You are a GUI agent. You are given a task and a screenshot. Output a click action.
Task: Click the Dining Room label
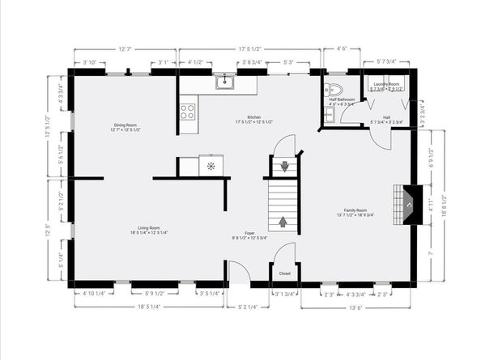tap(126, 125)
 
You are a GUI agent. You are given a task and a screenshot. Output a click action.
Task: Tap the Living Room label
tap(124, 228)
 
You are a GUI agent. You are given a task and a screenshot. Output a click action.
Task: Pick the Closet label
tap(285, 273)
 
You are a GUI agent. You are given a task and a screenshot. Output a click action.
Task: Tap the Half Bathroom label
tap(341, 100)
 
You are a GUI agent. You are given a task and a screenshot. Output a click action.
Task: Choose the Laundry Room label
tap(385, 84)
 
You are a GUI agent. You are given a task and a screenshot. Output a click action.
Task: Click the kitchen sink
tap(224, 83)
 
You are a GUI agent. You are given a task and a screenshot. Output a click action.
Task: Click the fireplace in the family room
tap(410, 205)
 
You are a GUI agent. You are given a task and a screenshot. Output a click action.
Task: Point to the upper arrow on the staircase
tap(284, 167)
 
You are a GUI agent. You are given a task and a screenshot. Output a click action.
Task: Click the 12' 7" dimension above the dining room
tap(123, 49)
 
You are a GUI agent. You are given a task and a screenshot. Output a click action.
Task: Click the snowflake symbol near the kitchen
tap(211, 166)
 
